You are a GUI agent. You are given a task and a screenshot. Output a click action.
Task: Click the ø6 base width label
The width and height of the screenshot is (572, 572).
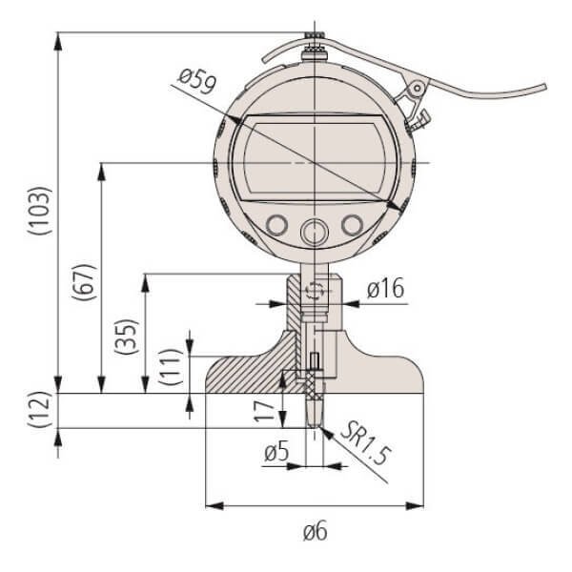pos(315,531)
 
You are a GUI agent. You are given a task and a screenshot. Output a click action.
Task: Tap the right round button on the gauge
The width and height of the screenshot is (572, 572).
pos(353,225)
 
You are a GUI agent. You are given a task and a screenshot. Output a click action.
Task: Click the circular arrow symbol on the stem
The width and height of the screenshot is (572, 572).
pos(314,291)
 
